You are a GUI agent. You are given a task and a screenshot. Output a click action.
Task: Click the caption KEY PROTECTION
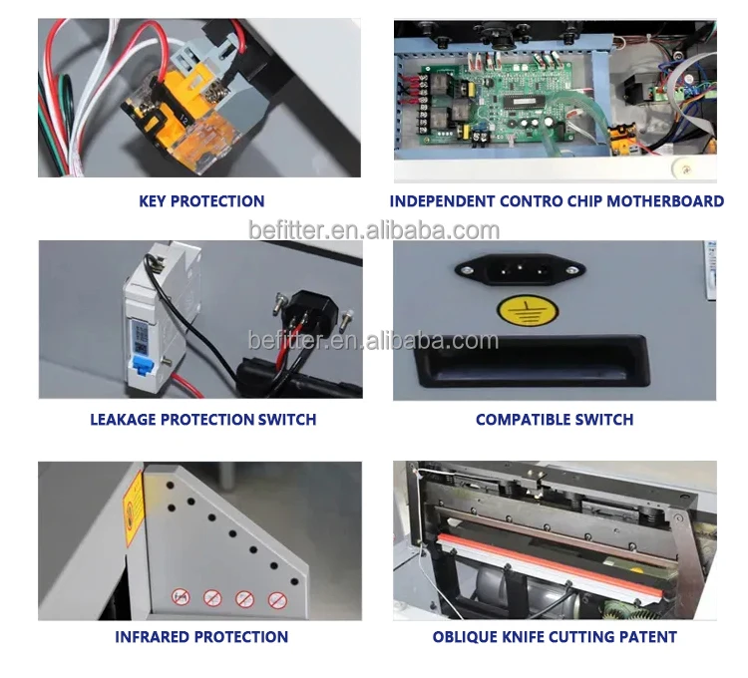201,201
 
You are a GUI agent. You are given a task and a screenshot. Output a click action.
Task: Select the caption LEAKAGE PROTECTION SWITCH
202,420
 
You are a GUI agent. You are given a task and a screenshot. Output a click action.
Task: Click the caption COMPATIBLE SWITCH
555,420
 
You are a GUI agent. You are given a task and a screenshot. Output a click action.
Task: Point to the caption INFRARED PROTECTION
201,636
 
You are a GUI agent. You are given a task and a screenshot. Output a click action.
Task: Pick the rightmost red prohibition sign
275,600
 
